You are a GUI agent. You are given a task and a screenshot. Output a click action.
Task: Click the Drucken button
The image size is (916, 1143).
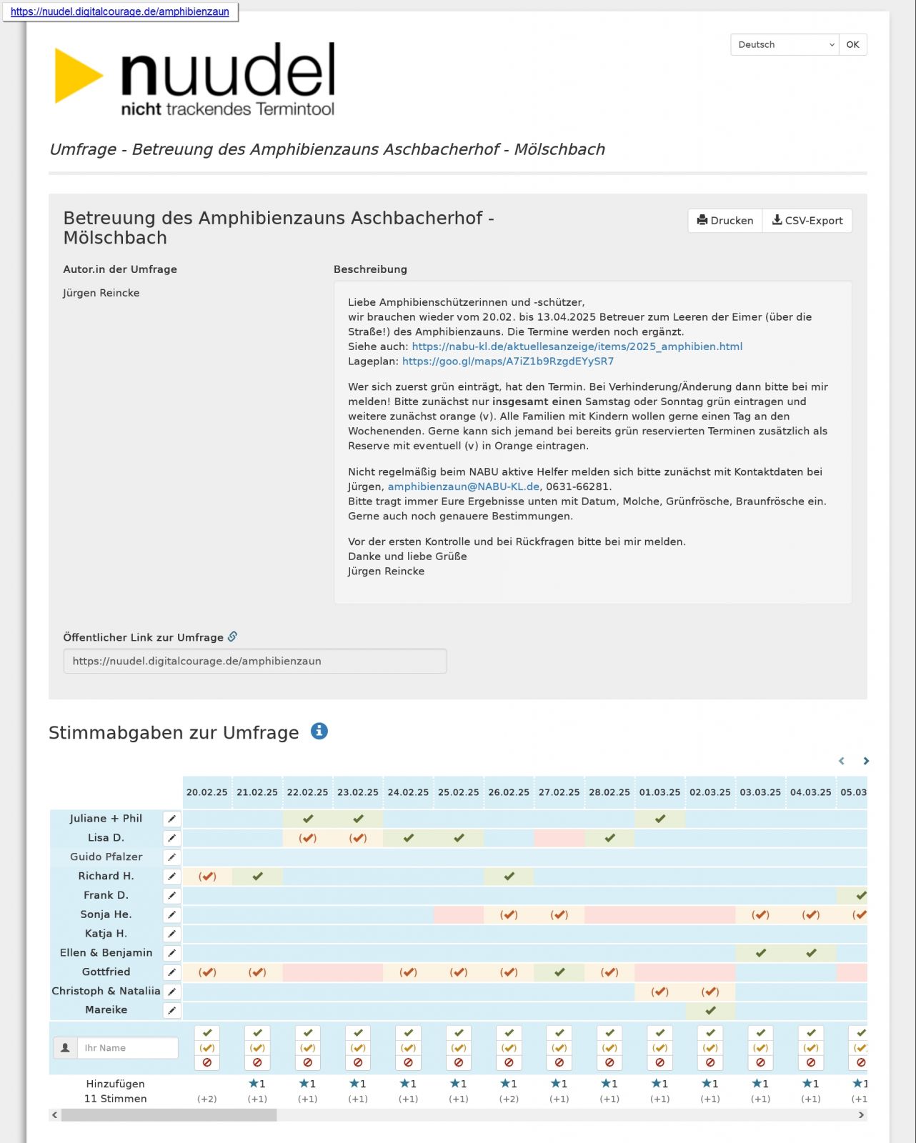pyautogui.click(x=725, y=221)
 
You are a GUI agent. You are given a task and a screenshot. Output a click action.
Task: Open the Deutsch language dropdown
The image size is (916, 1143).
pyautogui.click(x=785, y=45)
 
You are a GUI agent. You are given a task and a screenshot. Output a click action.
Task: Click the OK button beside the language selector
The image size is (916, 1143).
pyautogui.click(x=852, y=45)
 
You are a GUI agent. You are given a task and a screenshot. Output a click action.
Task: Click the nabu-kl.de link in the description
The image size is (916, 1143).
pyautogui.click(x=577, y=346)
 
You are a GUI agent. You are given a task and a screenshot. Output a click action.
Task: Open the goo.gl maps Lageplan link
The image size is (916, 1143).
pyautogui.click(x=507, y=361)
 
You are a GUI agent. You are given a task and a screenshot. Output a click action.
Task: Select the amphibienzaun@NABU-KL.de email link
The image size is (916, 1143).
pyautogui.click(x=463, y=486)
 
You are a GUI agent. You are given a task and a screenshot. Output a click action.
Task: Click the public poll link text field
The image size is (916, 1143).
pyautogui.click(x=254, y=661)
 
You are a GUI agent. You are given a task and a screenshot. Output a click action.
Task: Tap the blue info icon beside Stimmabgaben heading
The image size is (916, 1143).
pyautogui.click(x=319, y=732)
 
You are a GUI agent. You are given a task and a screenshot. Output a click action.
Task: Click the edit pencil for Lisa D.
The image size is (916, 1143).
pyautogui.click(x=171, y=838)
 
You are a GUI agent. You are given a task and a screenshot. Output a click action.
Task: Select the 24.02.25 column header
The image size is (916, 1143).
pyautogui.click(x=408, y=792)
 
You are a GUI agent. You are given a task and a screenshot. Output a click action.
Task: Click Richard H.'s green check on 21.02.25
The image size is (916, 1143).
pyautogui.click(x=257, y=876)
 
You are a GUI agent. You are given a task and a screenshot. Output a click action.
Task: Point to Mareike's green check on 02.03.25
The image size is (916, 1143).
pyautogui.click(x=710, y=1010)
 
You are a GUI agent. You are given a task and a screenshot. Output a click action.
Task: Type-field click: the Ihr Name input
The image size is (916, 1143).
pyautogui.click(x=126, y=1048)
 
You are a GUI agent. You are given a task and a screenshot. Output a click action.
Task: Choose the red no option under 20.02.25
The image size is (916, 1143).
pyautogui.click(x=207, y=1063)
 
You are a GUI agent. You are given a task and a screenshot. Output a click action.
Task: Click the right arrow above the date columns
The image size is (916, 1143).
pyautogui.click(x=866, y=762)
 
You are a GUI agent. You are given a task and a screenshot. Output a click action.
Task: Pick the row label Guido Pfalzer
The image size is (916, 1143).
pyautogui.click(x=106, y=857)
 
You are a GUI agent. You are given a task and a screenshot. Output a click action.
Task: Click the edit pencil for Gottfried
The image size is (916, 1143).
pyautogui.click(x=171, y=972)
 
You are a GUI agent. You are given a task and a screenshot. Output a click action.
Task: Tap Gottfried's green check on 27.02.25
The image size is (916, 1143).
pyautogui.click(x=559, y=972)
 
